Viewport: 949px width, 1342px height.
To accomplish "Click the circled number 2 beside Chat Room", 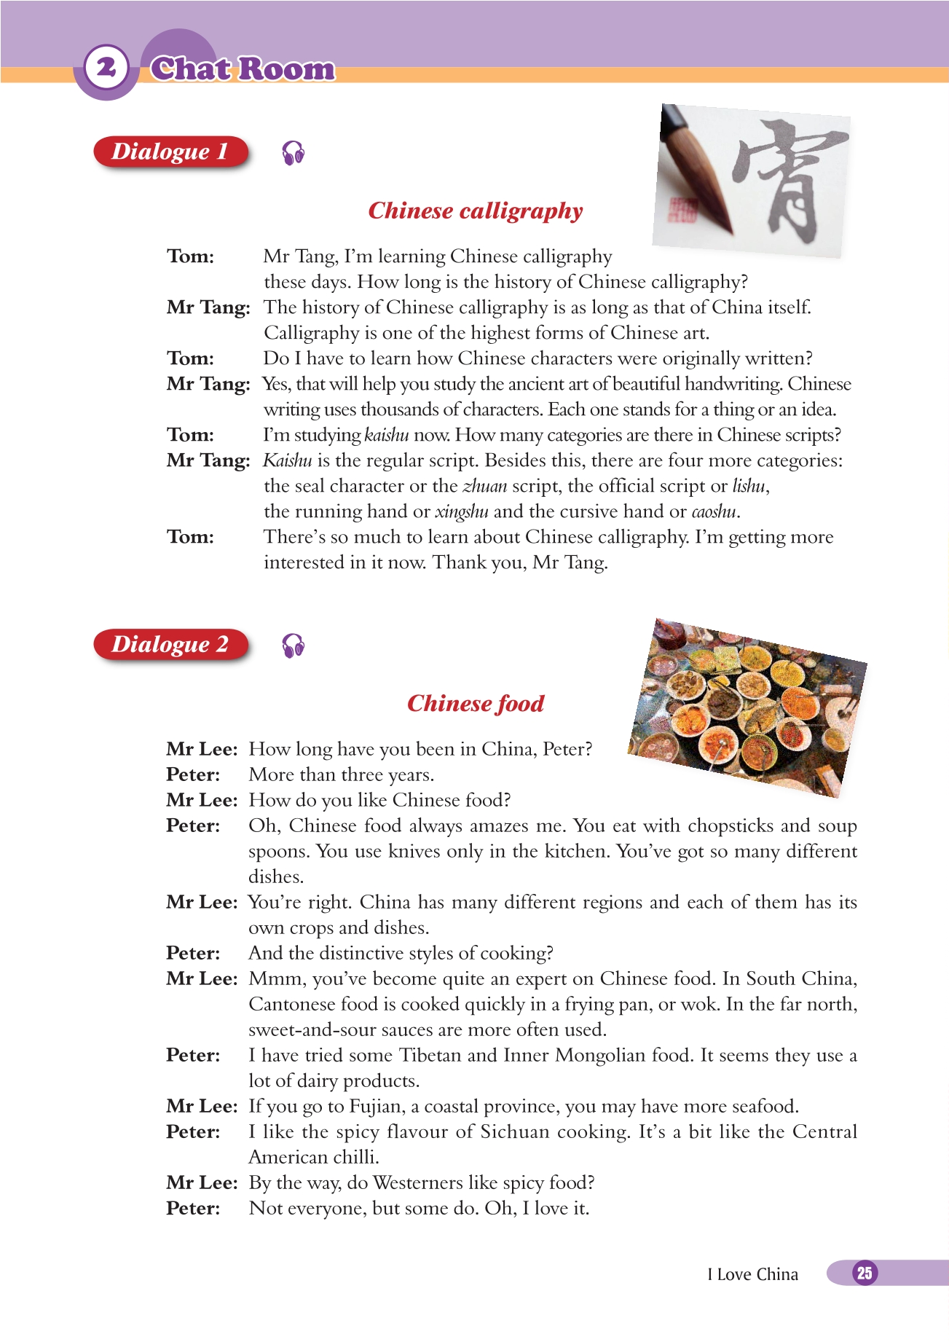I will tap(106, 68).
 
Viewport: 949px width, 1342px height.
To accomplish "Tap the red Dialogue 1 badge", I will tap(171, 152).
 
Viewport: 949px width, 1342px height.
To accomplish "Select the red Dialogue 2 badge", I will tap(171, 644).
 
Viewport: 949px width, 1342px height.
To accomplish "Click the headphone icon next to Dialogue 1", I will tap(293, 153).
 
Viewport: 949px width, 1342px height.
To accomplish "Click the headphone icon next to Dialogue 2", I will tap(293, 646).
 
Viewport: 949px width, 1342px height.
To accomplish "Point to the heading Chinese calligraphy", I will tap(475, 211).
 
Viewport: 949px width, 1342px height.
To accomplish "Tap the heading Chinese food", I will tap(475, 703).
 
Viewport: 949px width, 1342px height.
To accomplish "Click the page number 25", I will tap(864, 1273).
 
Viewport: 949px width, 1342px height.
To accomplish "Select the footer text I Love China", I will tap(752, 1274).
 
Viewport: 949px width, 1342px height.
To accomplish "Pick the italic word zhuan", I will tap(484, 486).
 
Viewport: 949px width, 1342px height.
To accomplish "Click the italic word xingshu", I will tap(461, 511).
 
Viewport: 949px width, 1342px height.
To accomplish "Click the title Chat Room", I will tap(243, 68).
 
